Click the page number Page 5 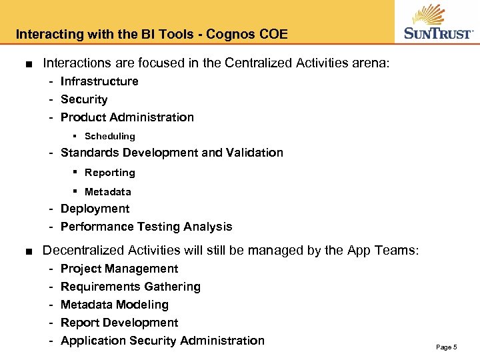pos(446,347)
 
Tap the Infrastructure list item pos(99,81)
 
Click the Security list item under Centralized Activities pos(84,99)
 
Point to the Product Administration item pos(127,117)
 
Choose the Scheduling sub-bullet pos(110,136)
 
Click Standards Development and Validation pos(172,153)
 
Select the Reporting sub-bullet pos(110,173)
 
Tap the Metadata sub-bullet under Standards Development pos(108,192)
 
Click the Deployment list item pos(95,209)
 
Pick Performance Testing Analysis pos(147,227)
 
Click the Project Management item pos(119,269)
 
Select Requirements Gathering pos(131,287)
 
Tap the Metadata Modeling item pos(115,305)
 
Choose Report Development pos(119,323)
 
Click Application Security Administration pos(163,341)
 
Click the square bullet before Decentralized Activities pos(24,251)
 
